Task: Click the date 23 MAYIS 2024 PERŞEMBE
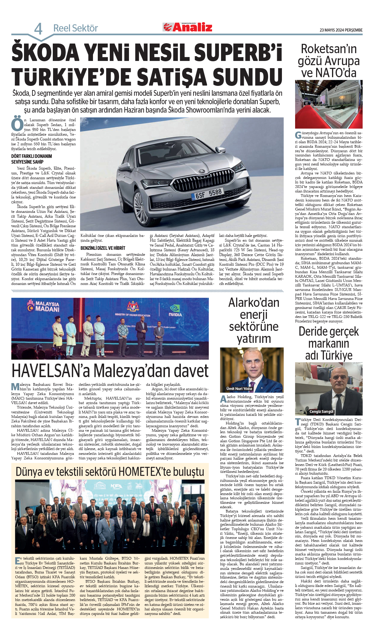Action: pyautogui.click(x=341, y=30)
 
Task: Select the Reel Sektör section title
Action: pyautogui.click(x=76, y=28)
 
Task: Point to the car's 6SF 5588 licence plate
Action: pyautogui.click(x=208, y=194)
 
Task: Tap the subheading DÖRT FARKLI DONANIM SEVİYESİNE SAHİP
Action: pyautogui.click(x=31, y=159)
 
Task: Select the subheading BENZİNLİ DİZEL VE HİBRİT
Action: pyautogui.click(x=103, y=248)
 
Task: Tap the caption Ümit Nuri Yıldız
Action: pyautogui.click(x=239, y=389)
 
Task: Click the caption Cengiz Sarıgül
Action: pyautogui.click(x=322, y=411)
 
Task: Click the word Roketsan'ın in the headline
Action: pyautogui.click(x=329, y=49)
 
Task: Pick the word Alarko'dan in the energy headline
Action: pyautogui.click(x=254, y=303)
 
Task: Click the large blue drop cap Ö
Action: pyautogui.click(x=17, y=124)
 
